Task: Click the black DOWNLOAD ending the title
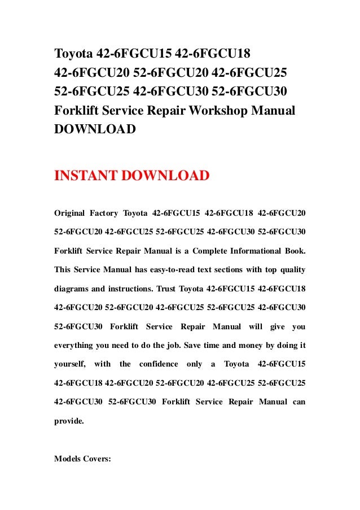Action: (x=94, y=129)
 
